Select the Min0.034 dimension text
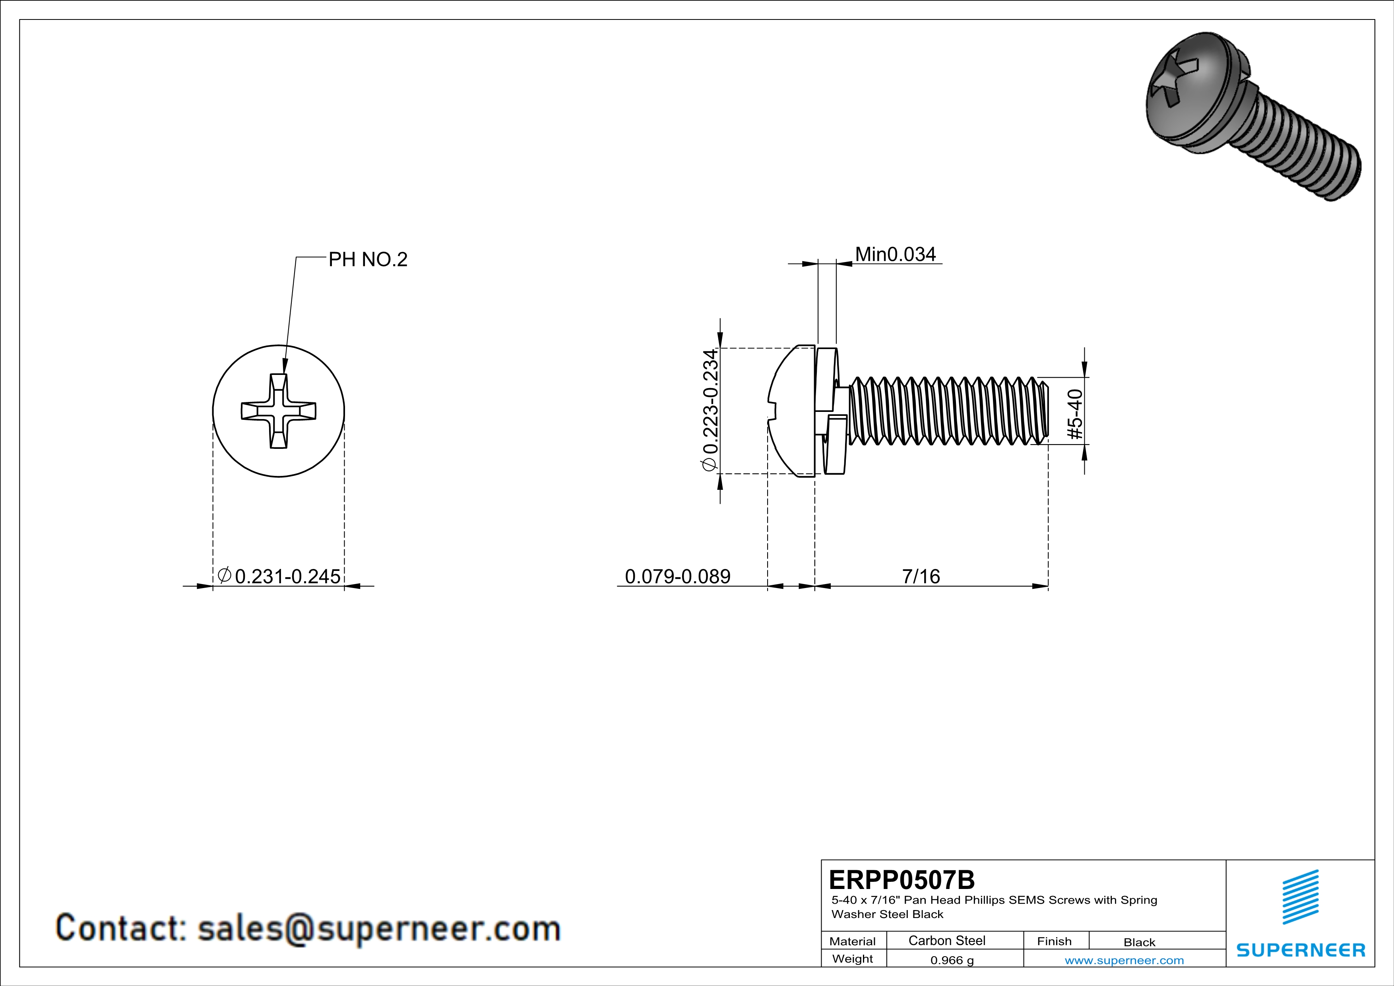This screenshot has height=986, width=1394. coord(896,254)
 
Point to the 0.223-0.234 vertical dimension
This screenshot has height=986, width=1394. coord(710,410)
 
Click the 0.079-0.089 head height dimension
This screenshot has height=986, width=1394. coord(678,576)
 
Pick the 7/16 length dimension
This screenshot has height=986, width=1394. coord(921,576)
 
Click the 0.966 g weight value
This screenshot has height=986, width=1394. coord(952,961)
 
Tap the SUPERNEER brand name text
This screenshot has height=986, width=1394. coord(1301,950)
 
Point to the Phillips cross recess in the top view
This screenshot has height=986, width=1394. coord(279,411)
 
